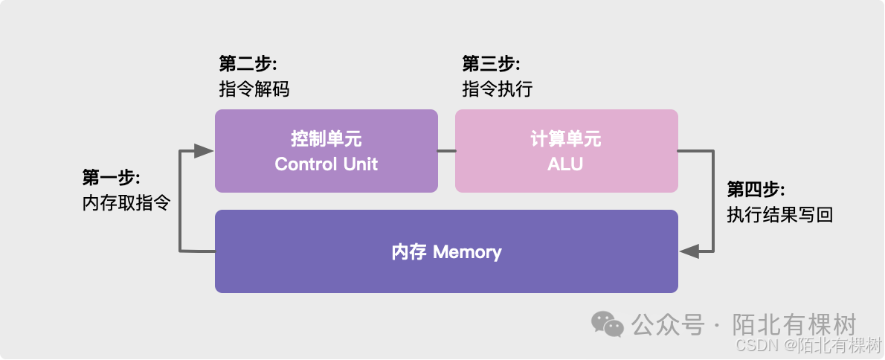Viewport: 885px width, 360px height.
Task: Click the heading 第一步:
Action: [x=112, y=178]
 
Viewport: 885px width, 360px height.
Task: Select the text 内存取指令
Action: [x=126, y=203]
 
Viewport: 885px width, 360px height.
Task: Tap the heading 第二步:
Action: [x=248, y=63]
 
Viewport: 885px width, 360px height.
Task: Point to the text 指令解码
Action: [x=254, y=89]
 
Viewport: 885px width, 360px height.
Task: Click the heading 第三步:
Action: [x=491, y=63]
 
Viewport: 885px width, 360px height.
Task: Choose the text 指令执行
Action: [x=497, y=89]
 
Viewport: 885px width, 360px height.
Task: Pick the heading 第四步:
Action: [x=756, y=189]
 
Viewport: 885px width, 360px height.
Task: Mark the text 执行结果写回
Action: [x=779, y=215]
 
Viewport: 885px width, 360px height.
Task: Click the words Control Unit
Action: [x=326, y=164]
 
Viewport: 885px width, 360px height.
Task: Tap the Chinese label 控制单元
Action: [x=326, y=139]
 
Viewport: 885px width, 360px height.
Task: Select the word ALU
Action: [x=565, y=164]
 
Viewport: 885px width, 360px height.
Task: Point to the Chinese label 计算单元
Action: [x=566, y=139]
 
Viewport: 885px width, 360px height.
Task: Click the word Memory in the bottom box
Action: [x=467, y=252]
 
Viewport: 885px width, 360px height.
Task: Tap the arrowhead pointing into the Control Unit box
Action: [x=205, y=151]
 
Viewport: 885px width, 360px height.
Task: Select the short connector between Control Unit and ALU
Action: [x=446, y=151]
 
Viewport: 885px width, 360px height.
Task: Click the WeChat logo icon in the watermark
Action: [x=608, y=324]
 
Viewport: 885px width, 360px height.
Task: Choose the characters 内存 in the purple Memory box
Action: [x=409, y=252]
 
